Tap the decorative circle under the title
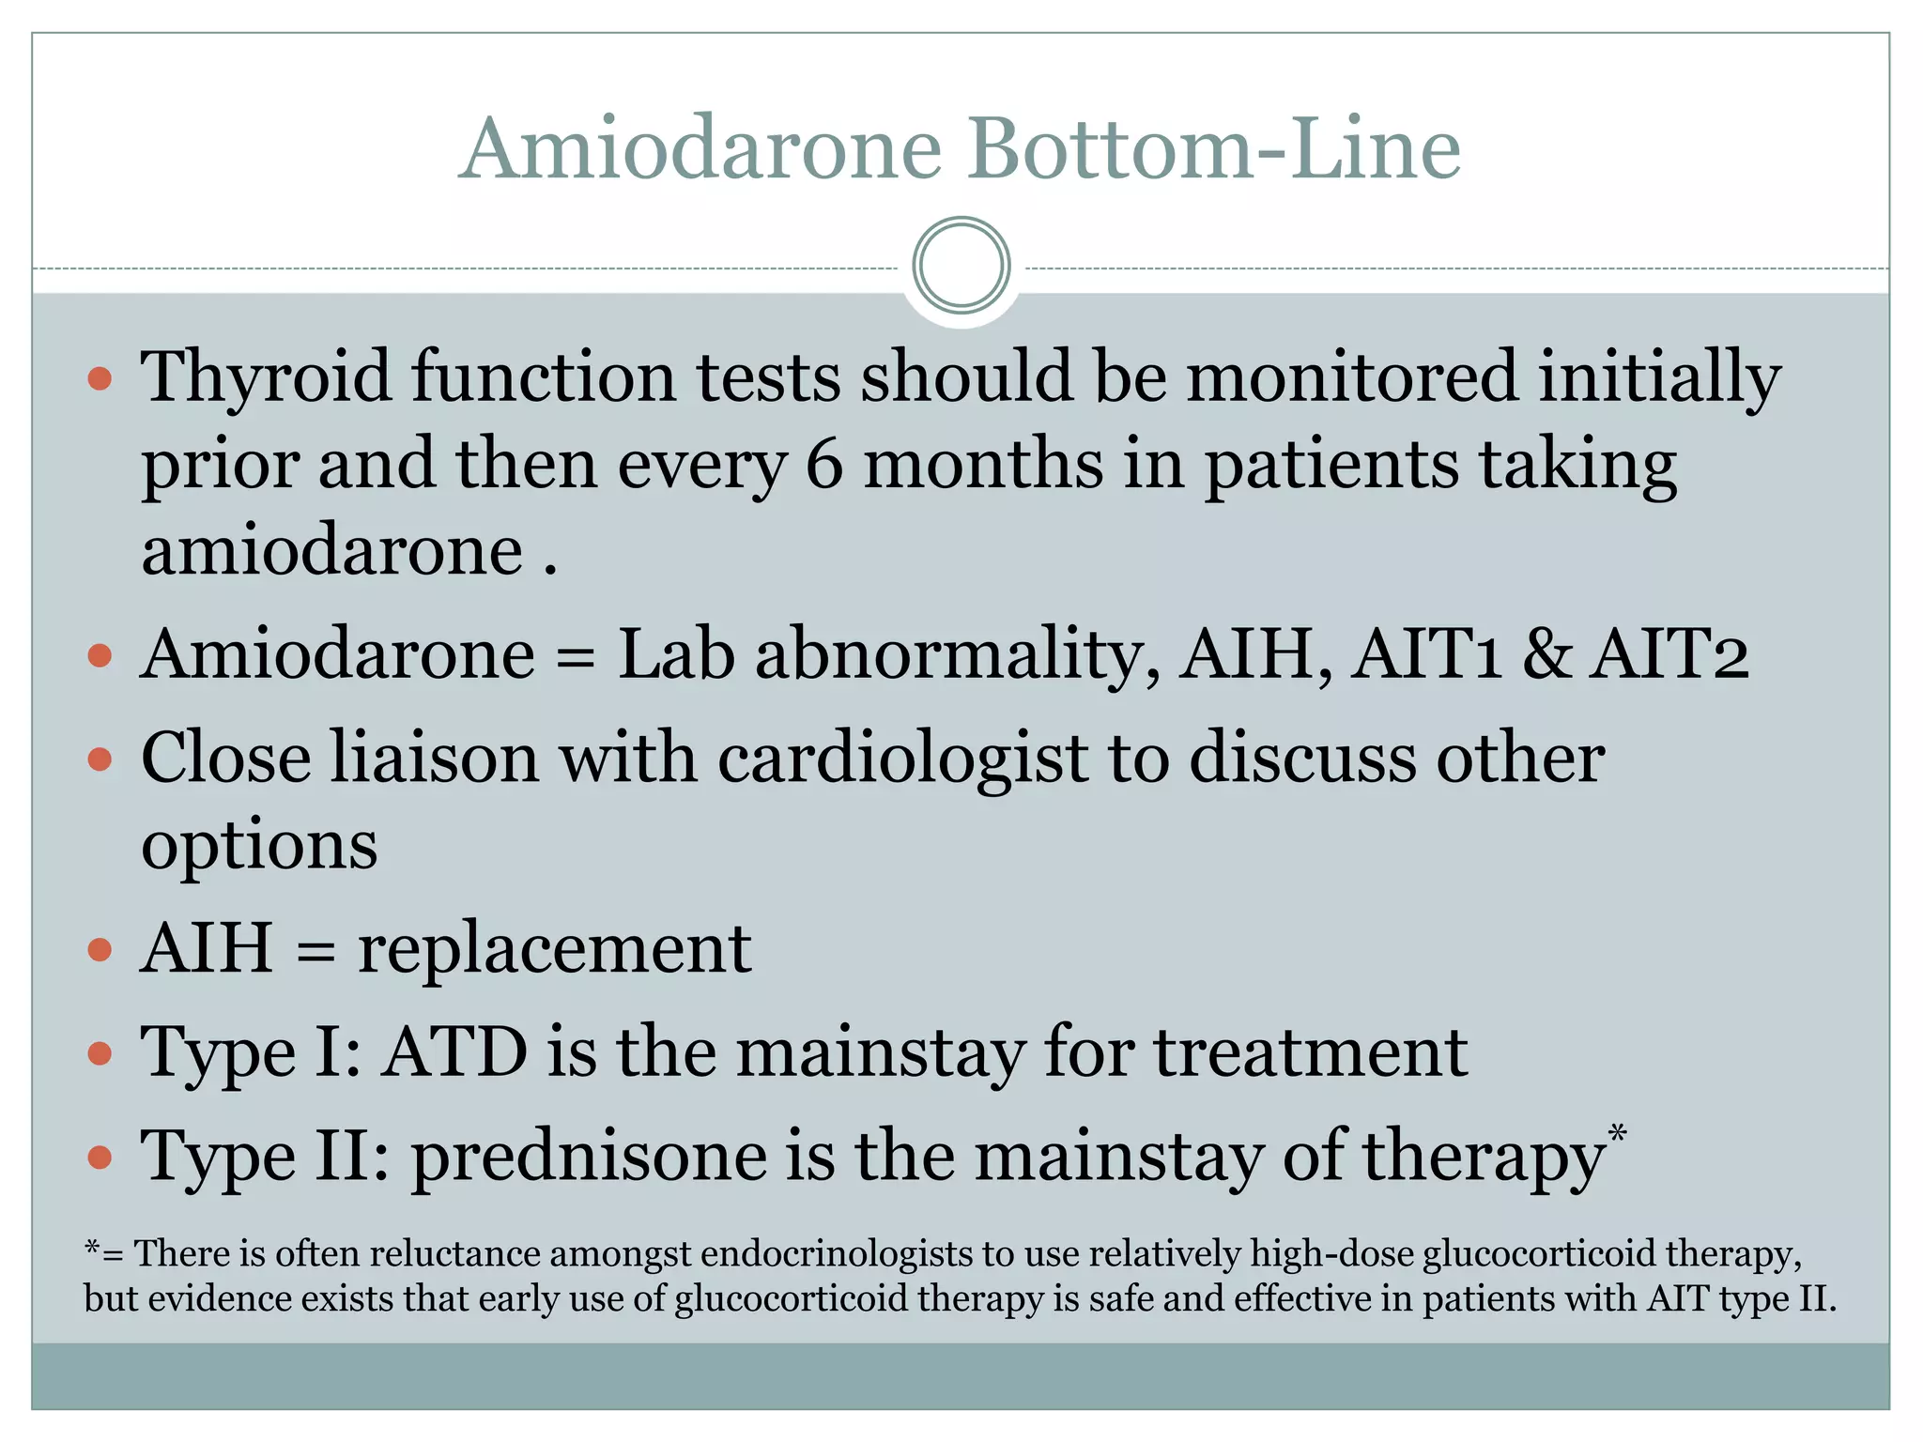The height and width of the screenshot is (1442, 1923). [961, 266]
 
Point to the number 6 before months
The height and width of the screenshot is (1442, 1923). [824, 464]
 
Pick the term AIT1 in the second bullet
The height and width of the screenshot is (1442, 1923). [1426, 653]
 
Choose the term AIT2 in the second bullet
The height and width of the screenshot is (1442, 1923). [1669, 653]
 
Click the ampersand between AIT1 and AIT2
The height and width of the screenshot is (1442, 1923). [1546, 653]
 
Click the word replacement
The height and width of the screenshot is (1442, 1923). [554, 948]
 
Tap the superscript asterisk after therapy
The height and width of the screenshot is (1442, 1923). [1617, 1133]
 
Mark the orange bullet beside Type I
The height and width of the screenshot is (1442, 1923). [100, 1053]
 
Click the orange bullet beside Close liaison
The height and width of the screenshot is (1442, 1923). [100, 759]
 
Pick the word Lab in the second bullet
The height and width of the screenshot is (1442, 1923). [675, 653]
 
